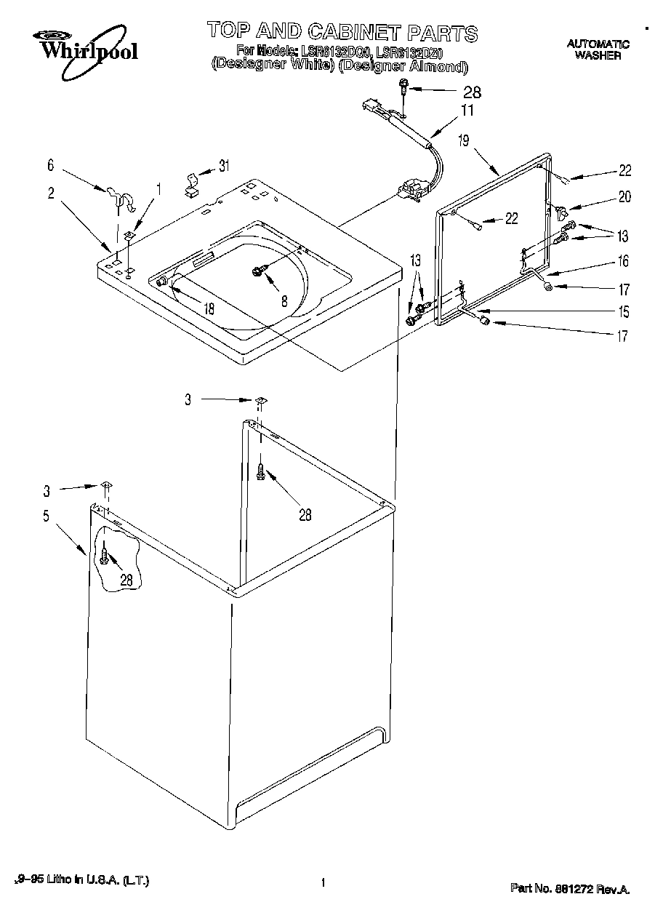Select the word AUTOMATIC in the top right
click(598, 44)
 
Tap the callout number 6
click(51, 166)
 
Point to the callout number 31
click(224, 166)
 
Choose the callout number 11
click(467, 111)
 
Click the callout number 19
click(464, 140)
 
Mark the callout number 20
click(624, 196)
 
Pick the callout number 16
click(624, 261)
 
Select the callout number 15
click(624, 312)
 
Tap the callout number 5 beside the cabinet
click(46, 516)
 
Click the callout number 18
click(209, 308)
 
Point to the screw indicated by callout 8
click(258, 271)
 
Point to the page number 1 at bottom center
click(321, 883)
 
